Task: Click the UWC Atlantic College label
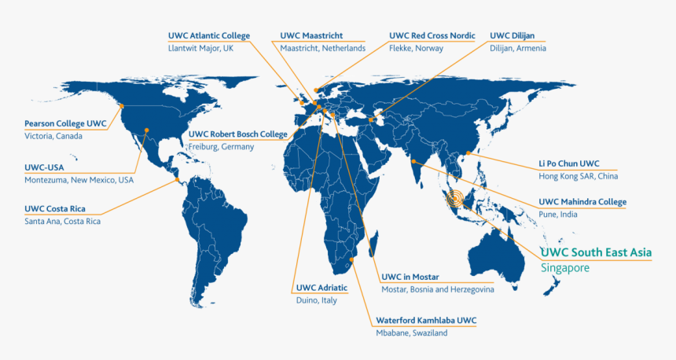[209, 35]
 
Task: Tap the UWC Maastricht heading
[311, 35]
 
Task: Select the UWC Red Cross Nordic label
[432, 35]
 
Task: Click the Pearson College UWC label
[65, 123]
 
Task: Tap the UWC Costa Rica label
[55, 208]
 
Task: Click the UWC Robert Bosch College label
[238, 134]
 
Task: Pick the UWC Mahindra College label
[582, 202]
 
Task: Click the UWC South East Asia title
[596, 252]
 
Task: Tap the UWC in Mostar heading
[410, 277]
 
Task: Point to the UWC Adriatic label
[322, 288]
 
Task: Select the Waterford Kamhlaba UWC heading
[426, 320]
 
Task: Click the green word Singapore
[564, 268]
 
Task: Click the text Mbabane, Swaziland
[411, 332]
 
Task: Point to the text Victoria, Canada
[53, 136]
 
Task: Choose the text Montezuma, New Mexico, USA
[79, 180]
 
